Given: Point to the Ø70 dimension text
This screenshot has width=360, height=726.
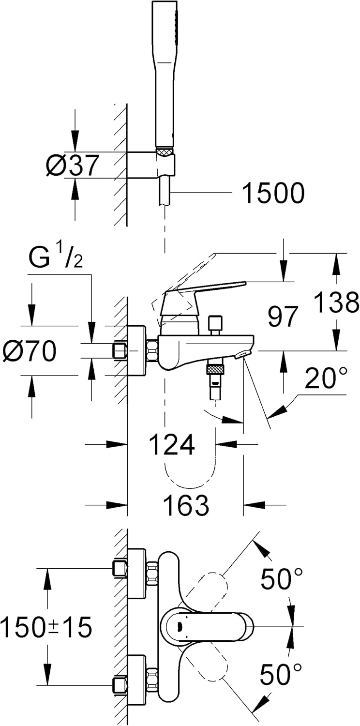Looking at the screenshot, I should click(29, 351).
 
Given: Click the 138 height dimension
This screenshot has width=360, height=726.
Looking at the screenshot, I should click(336, 303).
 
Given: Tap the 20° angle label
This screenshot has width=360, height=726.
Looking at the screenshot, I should click(326, 378).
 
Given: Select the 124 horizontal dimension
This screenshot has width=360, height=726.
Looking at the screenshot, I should click(172, 444).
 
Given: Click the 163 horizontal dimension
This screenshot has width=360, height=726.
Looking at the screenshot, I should click(186, 505).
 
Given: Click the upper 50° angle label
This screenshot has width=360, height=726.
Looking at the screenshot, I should click(282, 579).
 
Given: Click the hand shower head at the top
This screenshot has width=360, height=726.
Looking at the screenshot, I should click(165, 73).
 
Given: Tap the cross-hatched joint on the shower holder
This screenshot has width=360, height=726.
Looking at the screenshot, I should click(165, 153).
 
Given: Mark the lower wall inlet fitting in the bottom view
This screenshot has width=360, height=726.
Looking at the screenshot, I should click(120, 685).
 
